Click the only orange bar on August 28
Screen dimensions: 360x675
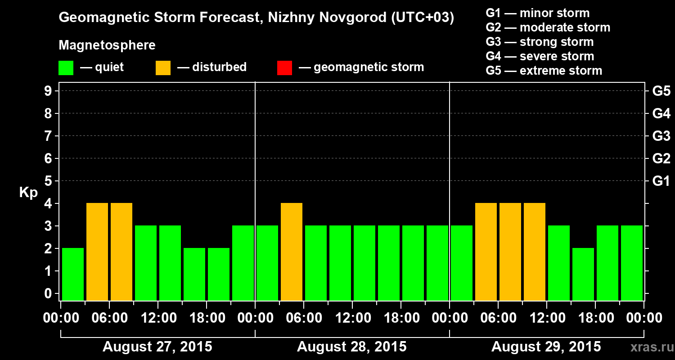292,252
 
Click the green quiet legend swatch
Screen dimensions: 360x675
66,68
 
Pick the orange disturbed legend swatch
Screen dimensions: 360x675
163,68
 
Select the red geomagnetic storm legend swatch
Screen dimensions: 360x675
284,68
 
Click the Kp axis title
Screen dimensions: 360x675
28,193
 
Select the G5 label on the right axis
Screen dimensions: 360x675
661,91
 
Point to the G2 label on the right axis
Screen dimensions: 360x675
661,158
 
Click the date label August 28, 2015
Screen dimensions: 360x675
351,347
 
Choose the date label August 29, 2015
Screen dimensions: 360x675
546,347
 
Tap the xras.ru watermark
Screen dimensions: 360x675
650,347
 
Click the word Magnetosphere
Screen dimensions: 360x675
107,45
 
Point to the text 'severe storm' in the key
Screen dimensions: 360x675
557,56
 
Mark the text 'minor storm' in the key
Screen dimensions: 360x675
554,13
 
